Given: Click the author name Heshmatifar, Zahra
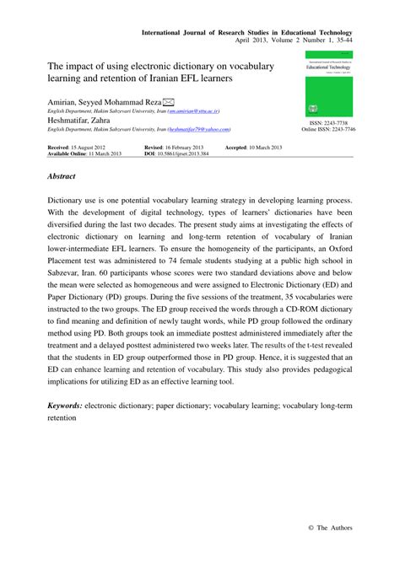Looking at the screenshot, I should tap(78, 120).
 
